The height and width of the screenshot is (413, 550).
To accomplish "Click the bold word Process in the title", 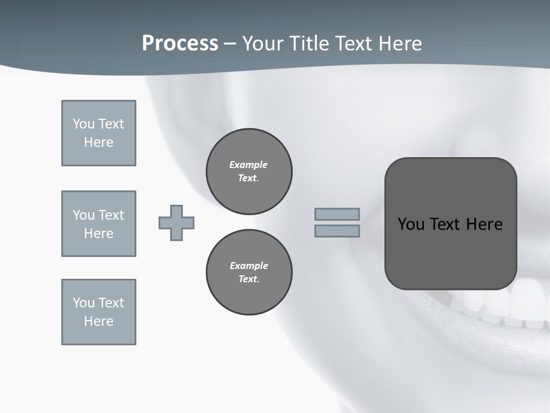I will coord(180,44).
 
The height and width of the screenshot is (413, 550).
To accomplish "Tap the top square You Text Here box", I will coord(99,133).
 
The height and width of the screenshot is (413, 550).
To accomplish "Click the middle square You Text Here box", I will coord(99,224).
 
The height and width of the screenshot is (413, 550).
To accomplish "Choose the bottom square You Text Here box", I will coord(99,312).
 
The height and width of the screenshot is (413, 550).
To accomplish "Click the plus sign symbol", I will coord(176,223).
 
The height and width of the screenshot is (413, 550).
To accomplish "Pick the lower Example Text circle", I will coord(249,272).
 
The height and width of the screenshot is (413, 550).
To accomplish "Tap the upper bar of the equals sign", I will coord(337,214).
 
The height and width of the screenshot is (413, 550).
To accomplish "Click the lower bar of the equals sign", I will coord(337,231).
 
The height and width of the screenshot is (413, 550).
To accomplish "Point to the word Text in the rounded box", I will coord(446,224).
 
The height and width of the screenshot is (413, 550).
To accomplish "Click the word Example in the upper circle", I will coord(249,165).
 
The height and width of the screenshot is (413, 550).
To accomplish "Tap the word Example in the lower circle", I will coord(249,266).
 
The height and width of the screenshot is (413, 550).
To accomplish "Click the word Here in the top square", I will coord(99,142).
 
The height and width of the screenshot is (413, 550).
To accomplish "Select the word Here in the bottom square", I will coord(99,321).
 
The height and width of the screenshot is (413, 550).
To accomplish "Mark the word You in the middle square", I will coord(83,215).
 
